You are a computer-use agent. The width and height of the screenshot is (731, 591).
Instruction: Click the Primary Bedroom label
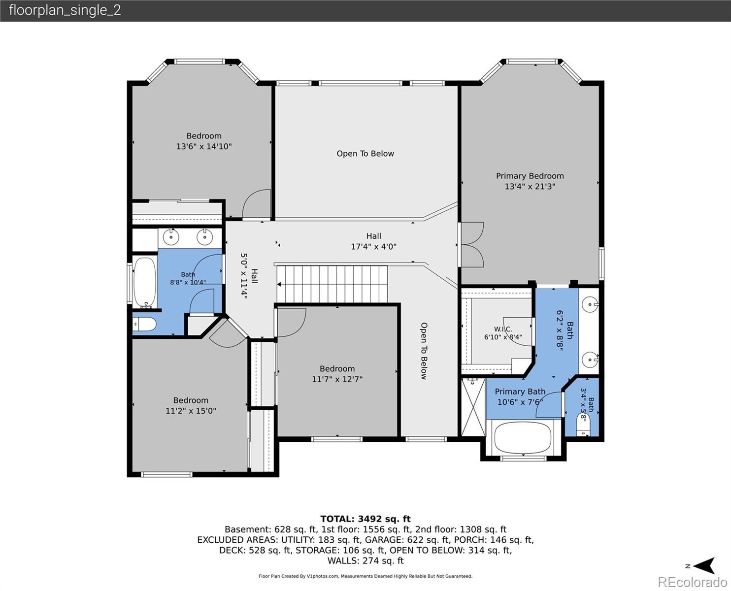[530, 176]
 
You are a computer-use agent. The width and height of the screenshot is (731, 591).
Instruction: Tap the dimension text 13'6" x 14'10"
[204, 146]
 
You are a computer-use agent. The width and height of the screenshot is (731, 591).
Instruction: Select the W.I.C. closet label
[503, 329]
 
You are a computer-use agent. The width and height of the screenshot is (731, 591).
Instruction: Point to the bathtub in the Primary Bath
[523, 438]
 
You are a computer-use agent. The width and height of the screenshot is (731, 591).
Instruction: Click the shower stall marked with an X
[473, 407]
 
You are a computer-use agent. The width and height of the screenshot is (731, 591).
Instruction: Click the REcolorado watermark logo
[692, 582]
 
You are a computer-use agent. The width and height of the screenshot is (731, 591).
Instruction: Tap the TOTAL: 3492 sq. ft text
[365, 519]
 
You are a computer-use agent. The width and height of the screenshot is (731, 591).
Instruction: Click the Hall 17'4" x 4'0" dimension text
[373, 247]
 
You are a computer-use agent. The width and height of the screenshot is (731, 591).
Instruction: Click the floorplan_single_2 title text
[65, 10]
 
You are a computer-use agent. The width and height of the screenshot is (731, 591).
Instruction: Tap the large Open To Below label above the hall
[365, 154]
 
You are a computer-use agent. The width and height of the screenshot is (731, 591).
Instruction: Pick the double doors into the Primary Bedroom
[472, 245]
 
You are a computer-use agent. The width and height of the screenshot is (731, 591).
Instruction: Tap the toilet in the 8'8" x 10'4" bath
[145, 324]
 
